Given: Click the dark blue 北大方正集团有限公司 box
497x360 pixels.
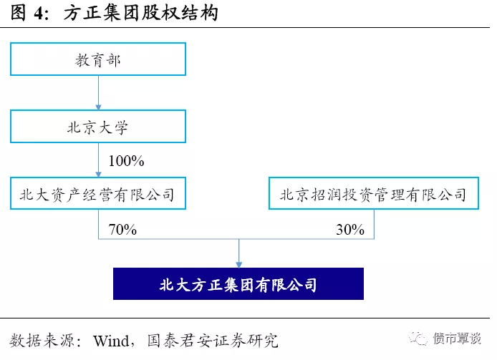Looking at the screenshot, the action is [238, 283].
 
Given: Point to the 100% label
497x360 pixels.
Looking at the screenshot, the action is [127, 161].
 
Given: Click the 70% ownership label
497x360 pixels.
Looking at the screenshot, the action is [122, 230].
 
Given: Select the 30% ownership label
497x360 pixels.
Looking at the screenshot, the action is [350, 230].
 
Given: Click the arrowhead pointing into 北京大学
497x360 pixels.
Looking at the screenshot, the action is [98, 107].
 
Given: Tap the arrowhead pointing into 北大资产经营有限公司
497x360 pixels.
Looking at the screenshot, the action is [98, 175].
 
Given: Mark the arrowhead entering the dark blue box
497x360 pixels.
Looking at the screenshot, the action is [239, 265].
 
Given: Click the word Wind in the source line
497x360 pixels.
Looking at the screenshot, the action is [111, 341].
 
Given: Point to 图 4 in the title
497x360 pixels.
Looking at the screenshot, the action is [29, 14].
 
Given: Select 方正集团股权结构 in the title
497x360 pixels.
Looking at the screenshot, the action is [141, 14].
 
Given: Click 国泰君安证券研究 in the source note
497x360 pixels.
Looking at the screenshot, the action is [213, 341].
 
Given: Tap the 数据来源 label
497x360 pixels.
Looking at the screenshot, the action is [42, 341].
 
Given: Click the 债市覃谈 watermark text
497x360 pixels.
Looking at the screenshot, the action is [458, 339].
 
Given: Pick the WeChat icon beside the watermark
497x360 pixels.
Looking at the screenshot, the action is [418, 338].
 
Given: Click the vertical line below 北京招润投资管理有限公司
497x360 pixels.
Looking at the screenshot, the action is [374, 224].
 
